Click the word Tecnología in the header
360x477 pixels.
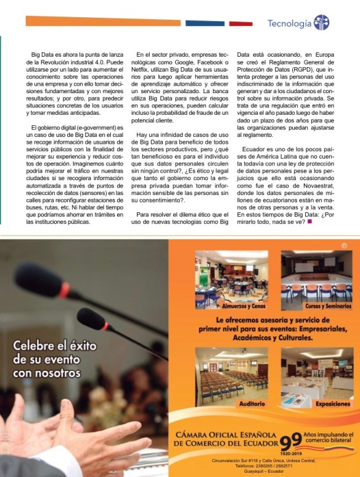click(289, 23)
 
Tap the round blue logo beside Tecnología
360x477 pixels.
click(321, 23)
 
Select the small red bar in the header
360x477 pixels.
click(240, 23)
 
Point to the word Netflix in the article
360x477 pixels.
click(147, 72)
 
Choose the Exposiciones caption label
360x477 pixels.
click(316, 403)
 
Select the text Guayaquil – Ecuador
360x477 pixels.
click(263, 471)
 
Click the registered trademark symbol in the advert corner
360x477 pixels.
click(345, 246)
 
